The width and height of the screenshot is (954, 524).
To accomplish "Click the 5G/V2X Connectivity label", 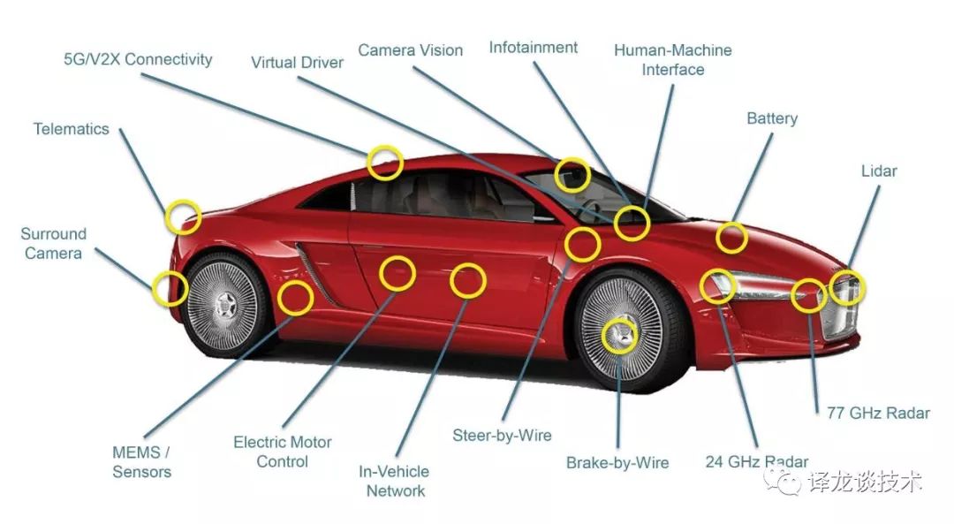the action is click(x=138, y=59).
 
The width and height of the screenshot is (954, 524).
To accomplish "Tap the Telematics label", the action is click(x=72, y=129).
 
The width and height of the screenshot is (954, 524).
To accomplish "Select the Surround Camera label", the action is click(x=54, y=243).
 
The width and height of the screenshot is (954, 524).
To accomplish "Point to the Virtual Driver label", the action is click(x=297, y=63).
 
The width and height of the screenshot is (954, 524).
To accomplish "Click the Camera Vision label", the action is click(x=410, y=50).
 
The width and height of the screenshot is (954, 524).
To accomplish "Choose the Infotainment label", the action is click(x=533, y=48).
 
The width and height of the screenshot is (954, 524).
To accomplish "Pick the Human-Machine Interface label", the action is click(x=673, y=59).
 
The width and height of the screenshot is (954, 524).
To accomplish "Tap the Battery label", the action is click(x=772, y=118).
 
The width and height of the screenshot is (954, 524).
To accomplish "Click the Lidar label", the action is click(x=879, y=171).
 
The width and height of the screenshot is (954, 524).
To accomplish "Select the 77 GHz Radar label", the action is click(x=878, y=414).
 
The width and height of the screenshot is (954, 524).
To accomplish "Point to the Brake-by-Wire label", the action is click(x=617, y=463).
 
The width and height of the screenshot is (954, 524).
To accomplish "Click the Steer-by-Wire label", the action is click(x=502, y=436).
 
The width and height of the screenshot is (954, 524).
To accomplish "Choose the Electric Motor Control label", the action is click(x=283, y=452).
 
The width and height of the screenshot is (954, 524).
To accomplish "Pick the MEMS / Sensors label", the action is click(x=141, y=462).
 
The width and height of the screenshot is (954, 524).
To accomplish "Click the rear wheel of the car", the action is click(x=223, y=304).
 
